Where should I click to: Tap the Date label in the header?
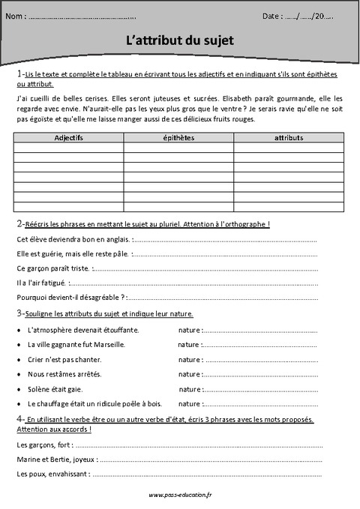coord(272,16)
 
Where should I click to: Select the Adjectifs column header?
coord(69,138)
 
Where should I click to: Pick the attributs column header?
coord(289,138)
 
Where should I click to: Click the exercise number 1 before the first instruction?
coord(19,75)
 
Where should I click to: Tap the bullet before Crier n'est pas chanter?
coord(18,360)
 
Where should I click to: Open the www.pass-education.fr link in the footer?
coord(180,495)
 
